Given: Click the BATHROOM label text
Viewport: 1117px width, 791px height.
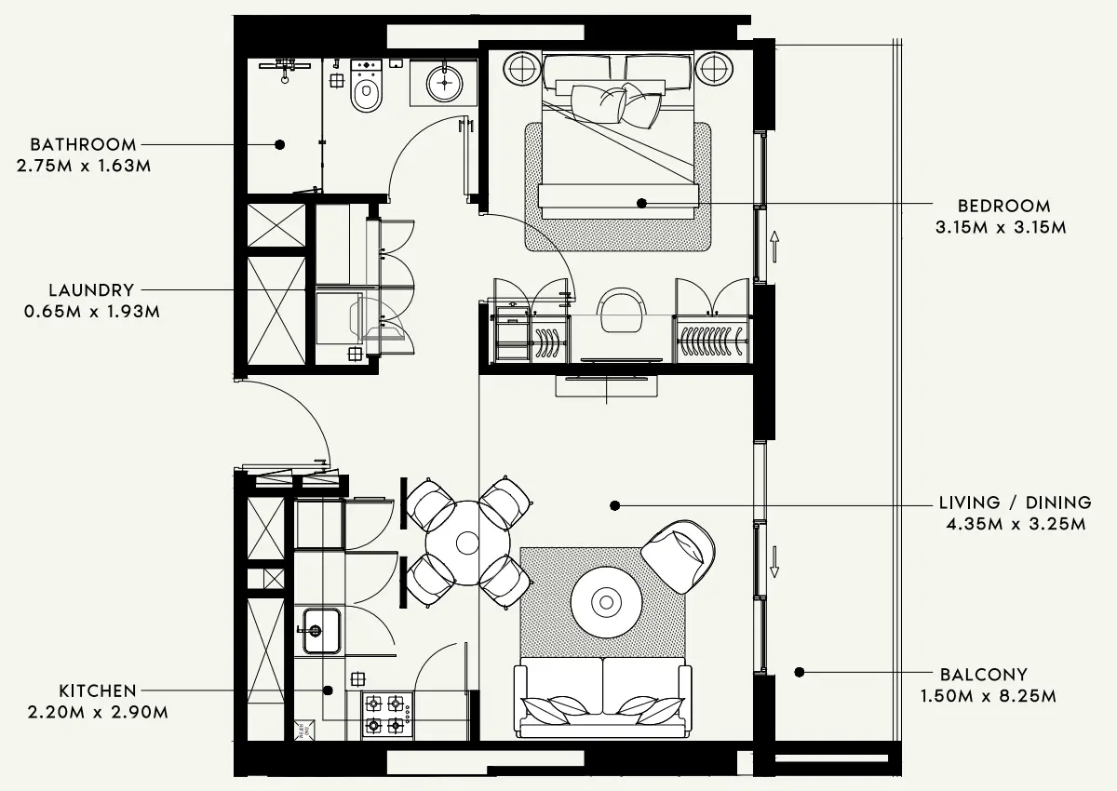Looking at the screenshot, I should [x=83, y=145].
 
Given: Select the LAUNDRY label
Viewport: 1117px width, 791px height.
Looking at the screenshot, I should [x=91, y=290].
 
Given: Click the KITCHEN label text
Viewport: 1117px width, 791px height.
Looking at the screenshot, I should [x=98, y=690].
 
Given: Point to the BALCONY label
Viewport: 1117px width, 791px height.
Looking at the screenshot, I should [x=983, y=675].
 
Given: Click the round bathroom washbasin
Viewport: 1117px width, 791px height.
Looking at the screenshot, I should [x=445, y=84].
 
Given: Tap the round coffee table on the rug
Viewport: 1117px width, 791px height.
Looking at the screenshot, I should [x=607, y=602].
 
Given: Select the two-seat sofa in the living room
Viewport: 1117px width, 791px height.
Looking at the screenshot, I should [x=603, y=696].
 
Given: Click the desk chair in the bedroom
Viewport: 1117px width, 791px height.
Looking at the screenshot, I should [x=620, y=308].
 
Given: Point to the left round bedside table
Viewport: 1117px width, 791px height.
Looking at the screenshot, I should [x=522, y=69].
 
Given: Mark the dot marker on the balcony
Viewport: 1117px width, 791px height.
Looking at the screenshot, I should [x=799, y=672].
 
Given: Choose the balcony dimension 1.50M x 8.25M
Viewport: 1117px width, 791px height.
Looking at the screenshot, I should [x=988, y=696].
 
